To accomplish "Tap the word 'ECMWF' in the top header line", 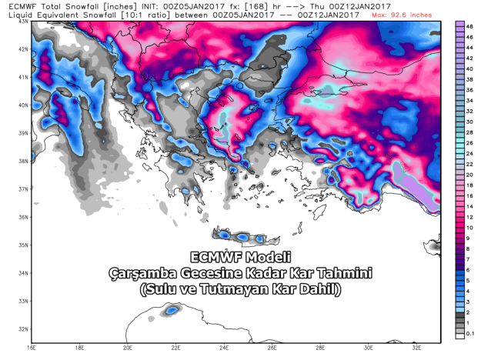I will [17, 5].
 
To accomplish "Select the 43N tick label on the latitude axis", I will [22, 22].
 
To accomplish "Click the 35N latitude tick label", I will [22, 245].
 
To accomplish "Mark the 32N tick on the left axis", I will [22, 329].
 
